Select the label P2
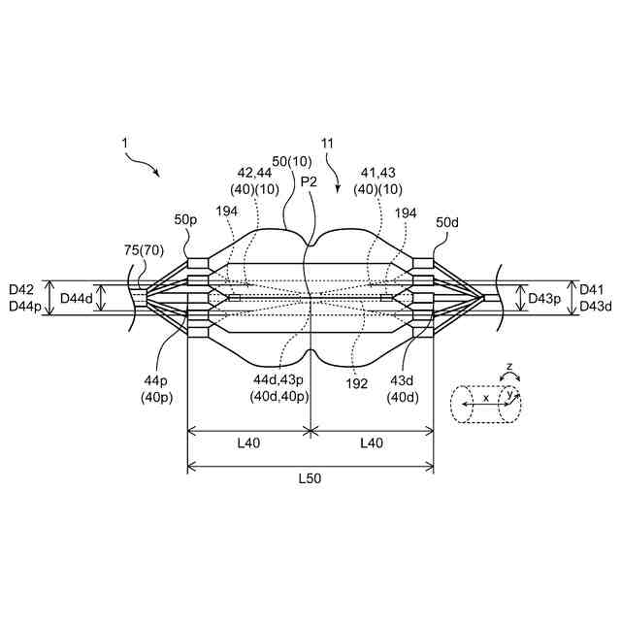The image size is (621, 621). point(309,181)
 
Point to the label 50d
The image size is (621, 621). point(448,222)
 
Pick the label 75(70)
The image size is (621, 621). point(143,250)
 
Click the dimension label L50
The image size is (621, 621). point(310,478)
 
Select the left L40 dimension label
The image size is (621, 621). point(247,442)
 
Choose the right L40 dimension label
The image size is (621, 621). point(372,442)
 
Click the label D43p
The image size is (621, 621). point(545,297)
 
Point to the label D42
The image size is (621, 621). point(21,289)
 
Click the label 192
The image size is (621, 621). point(356,383)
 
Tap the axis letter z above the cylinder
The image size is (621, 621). point(509,368)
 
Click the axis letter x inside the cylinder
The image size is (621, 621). point(485,398)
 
